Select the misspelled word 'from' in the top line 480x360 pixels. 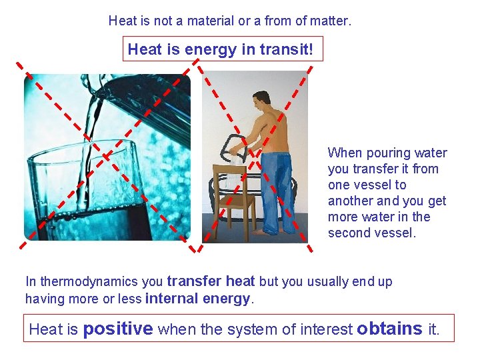(x=279, y=21)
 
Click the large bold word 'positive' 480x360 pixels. (x=118, y=329)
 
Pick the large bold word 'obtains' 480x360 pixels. (x=389, y=329)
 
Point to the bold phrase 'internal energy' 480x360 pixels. (x=198, y=299)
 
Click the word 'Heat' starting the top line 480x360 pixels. (x=122, y=21)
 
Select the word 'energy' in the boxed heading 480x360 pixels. (x=203, y=49)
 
